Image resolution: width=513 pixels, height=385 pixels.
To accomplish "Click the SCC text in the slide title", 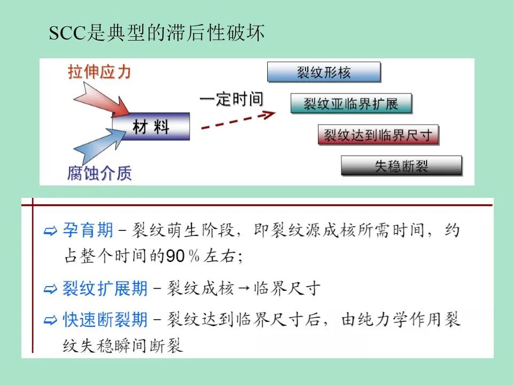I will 67,34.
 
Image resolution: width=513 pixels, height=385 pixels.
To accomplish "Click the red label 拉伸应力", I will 99,72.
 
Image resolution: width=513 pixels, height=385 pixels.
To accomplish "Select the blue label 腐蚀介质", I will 99,173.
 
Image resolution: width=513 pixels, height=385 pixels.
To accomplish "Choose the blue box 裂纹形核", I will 324,72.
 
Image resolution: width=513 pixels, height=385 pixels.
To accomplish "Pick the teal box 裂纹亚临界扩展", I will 352,103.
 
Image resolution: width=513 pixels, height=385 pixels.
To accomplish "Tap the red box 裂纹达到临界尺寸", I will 378,134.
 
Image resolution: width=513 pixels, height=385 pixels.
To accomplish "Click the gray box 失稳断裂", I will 401,166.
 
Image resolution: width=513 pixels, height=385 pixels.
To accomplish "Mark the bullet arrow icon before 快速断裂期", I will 51,321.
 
